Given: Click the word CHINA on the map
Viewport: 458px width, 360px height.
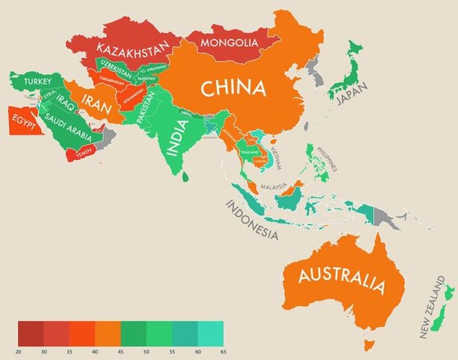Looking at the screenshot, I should [x=233, y=89].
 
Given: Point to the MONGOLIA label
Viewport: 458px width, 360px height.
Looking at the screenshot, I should [x=228, y=43].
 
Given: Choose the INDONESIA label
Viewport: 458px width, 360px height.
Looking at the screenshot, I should [x=251, y=220].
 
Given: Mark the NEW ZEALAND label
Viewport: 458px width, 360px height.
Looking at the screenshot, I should [x=432, y=311].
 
